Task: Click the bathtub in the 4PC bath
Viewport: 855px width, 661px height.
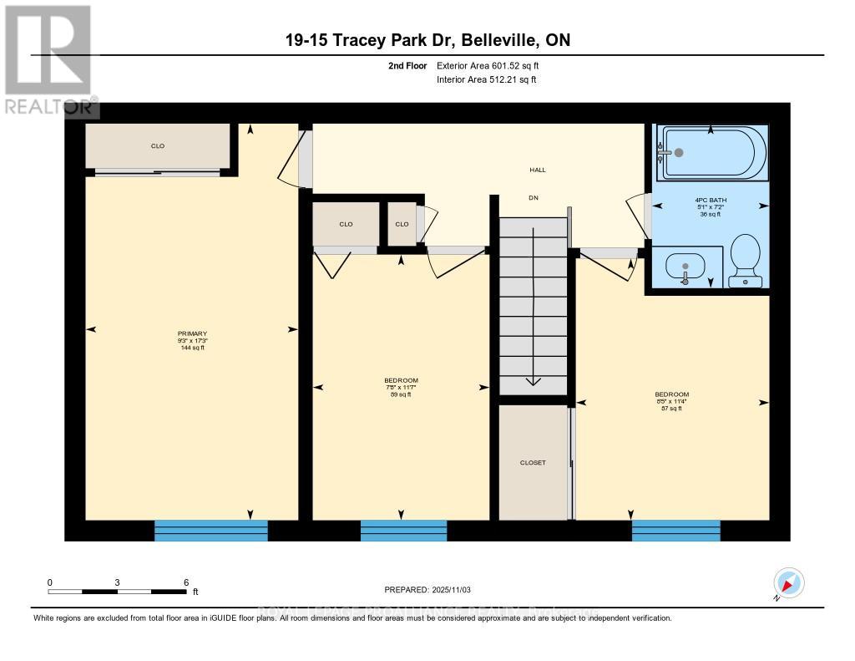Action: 711,152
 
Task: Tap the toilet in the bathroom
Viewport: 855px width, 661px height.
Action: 745,261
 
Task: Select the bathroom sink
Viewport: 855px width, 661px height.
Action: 686,267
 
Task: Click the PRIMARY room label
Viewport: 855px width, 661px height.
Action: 191,333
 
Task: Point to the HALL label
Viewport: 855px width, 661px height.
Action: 537,170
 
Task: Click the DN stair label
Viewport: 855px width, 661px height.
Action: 533,198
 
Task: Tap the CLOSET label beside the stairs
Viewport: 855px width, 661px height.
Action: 533,462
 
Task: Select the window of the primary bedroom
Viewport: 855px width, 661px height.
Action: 211,530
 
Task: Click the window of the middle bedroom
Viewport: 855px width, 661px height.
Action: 403,530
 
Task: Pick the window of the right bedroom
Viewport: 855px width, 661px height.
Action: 675,530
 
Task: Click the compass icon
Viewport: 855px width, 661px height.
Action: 788,582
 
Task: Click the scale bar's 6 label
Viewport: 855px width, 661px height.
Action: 186,582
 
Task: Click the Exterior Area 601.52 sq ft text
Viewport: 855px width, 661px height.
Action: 493,65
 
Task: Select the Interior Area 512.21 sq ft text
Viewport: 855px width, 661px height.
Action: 486,79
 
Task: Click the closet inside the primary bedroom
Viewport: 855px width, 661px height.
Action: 158,146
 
